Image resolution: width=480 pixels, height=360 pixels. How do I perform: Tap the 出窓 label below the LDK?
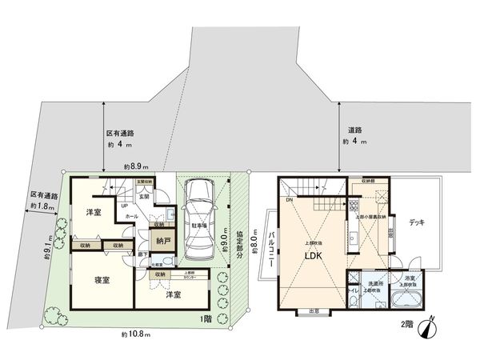313,311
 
